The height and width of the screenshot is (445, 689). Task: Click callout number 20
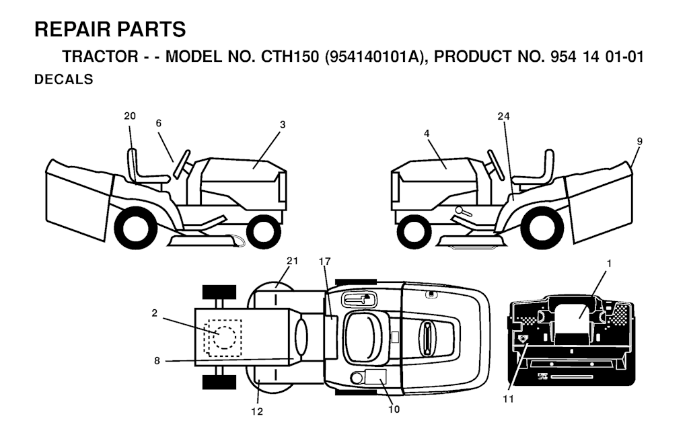pos(130,116)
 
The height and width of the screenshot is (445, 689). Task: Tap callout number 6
pos(159,123)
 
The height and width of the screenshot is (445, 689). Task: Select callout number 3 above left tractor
pos(283,124)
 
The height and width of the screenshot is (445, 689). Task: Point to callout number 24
pos(503,116)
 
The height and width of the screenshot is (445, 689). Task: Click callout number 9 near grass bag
pos(639,141)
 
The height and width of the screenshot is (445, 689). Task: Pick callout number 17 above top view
pos(324,261)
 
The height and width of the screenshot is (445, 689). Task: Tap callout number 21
pos(292,261)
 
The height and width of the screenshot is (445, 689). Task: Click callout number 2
pos(154,313)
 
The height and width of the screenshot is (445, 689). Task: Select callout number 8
pos(157,361)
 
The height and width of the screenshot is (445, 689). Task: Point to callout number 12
pos(257,411)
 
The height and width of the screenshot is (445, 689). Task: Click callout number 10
pos(394,409)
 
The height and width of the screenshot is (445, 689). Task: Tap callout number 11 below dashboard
pos(509,399)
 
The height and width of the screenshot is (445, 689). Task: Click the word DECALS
pos(64,79)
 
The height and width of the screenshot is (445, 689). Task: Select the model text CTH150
pos(289,56)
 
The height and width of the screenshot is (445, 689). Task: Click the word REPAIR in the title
pos(73,30)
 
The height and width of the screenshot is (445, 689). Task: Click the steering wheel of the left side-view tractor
pos(182,165)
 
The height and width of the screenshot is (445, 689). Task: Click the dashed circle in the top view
pos(224,337)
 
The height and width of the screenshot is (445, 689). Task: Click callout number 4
pos(427,133)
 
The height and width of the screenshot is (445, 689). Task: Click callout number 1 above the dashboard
pos(609,264)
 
